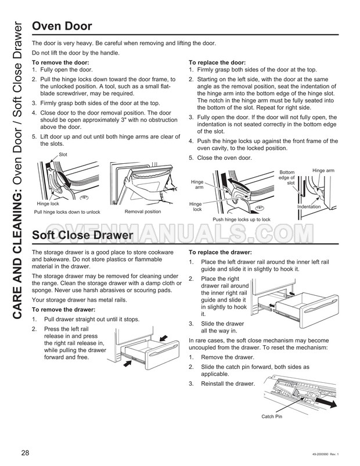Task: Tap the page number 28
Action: click(x=26, y=453)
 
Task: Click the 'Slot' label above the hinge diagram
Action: click(x=63, y=154)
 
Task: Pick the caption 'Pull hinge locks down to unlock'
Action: click(x=67, y=212)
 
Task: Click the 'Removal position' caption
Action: click(x=142, y=212)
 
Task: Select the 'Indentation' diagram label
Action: click(x=309, y=207)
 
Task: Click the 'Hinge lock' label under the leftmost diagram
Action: click(x=47, y=203)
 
